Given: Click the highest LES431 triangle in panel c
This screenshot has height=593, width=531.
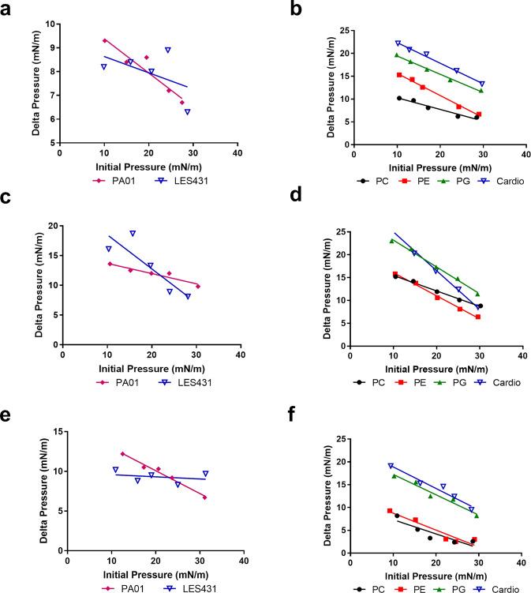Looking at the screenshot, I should (x=133, y=233).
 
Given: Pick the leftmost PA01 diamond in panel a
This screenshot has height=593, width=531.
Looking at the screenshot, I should (x=105, y=40).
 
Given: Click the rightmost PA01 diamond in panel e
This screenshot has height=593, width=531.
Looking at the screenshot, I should (x=204, y=497).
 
